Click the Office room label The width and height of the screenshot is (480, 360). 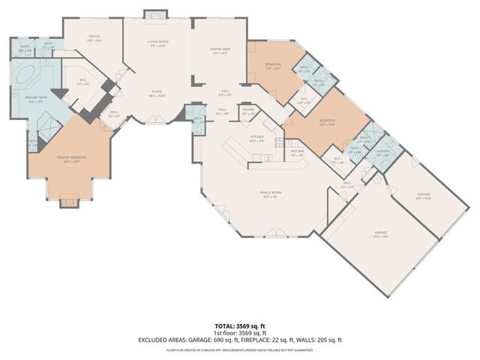click(94, 37)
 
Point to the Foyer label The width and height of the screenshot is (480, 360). click(156, 94)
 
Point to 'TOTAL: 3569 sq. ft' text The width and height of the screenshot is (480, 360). click(239, 326)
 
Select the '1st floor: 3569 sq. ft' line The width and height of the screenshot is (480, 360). click(239, 333)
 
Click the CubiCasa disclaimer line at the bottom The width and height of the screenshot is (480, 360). click(239, 349)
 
